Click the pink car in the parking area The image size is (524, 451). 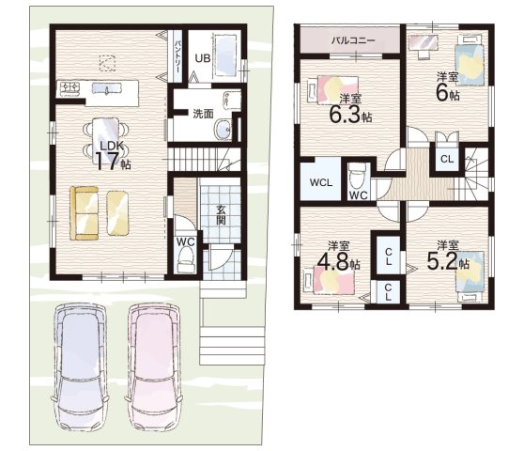click(153, 366)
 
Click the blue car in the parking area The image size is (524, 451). click(80, 366)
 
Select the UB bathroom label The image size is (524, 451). click(203, 58)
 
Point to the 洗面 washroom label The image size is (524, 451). click(203, 114)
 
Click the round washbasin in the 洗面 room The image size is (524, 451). click(223, 129)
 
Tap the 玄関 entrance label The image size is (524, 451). click(221, 214)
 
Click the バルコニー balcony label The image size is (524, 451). click(353, 40)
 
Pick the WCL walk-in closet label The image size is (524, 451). click(321, 182)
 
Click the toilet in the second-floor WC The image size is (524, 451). click(357, 177)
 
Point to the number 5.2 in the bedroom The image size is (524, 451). click(443, 261)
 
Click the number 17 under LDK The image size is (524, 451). click(108, 162)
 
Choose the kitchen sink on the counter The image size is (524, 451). click(106, 88)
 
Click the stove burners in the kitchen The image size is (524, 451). click(69, 87)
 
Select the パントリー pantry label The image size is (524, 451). click(177, 56)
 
